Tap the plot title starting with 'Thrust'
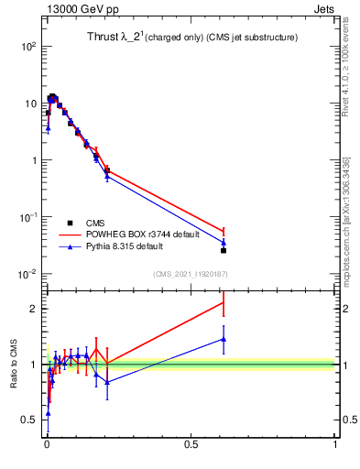(188, 38)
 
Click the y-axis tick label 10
(29, 103)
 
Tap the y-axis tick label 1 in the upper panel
(33, 160)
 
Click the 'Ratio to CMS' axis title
(13, 365)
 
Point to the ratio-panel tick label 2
(33, 309)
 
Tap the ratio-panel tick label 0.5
(28, 420)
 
